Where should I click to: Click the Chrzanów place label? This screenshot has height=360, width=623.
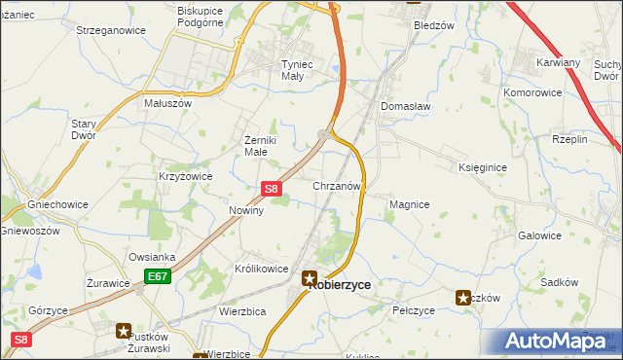coord(337,185)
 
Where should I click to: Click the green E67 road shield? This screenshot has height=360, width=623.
coord(158,277)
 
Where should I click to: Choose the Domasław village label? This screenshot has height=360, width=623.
coord(405,105)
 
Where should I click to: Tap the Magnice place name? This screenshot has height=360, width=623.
coord(409,204)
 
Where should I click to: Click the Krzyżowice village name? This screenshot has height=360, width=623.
coord(185,176)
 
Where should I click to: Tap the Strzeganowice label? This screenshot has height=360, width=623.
coord(111,30)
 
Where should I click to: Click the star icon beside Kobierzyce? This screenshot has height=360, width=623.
coord(309,278)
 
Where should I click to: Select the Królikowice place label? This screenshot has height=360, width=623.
coord(261,268)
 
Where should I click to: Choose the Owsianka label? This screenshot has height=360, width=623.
coord(151,258)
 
